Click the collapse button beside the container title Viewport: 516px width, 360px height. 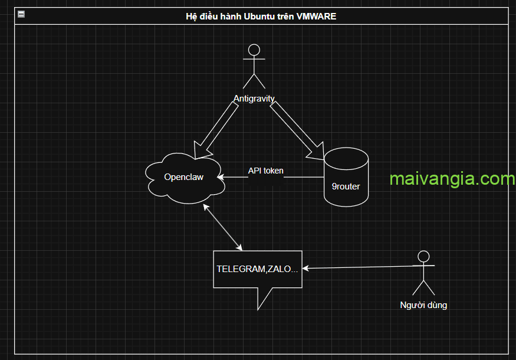point(21,14)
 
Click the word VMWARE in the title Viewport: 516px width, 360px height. point(317,17)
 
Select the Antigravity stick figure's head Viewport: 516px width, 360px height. point(254,50)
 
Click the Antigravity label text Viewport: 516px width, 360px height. point(254,99)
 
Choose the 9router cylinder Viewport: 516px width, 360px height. point(346,177)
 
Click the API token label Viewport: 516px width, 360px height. point(265,171)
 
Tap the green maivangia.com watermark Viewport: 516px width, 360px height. point(452,179)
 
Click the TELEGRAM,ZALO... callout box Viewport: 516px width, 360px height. point(258,269)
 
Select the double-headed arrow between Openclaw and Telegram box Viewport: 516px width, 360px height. point(224,227)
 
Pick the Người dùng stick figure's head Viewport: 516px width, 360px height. point(423,256)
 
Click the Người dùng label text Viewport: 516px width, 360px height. point(423,305)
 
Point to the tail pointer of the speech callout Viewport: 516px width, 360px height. point(261,297)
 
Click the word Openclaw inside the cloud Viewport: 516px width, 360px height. point(183,176)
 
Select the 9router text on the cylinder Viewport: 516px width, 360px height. point(346,186)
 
